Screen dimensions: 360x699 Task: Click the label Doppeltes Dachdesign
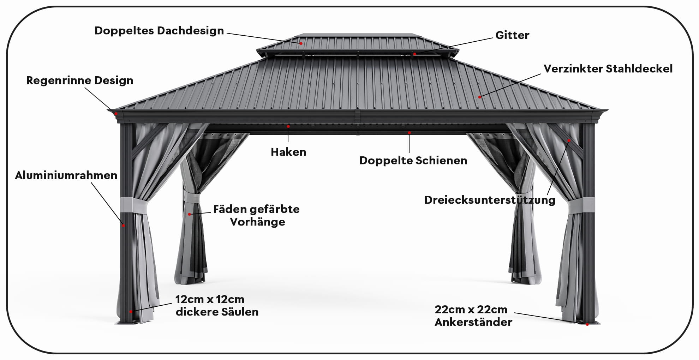coord(159,31)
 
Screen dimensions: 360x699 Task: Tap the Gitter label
coord(512,35)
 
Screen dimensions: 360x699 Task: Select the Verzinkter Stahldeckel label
coord(608,68)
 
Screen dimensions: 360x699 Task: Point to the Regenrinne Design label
coord(80,80)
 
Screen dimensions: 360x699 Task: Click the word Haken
coord(288,152)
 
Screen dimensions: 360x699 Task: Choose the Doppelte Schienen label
coord(413,161)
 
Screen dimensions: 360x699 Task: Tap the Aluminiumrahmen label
coord(66,175)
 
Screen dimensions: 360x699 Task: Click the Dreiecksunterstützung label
coord(490,200)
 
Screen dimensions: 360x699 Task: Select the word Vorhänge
coord(257,222)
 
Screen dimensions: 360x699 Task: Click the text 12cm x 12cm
coord(210,299)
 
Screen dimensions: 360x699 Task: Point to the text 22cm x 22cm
coord(471,310)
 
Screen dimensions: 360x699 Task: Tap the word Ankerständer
coord(473,322)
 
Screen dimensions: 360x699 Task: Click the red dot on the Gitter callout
coord(415,54)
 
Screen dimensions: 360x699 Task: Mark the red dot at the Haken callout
coord(288,126)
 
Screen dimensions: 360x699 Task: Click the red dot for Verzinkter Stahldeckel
coord(479,97)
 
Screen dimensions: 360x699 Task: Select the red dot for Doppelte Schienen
coord(409,133)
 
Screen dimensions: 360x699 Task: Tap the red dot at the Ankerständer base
coord(587,324)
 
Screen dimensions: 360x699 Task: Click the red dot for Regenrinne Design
coord(116,113)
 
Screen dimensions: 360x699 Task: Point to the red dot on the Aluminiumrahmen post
coord(123,225)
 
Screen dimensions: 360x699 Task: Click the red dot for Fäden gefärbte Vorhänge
coord(189,214)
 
